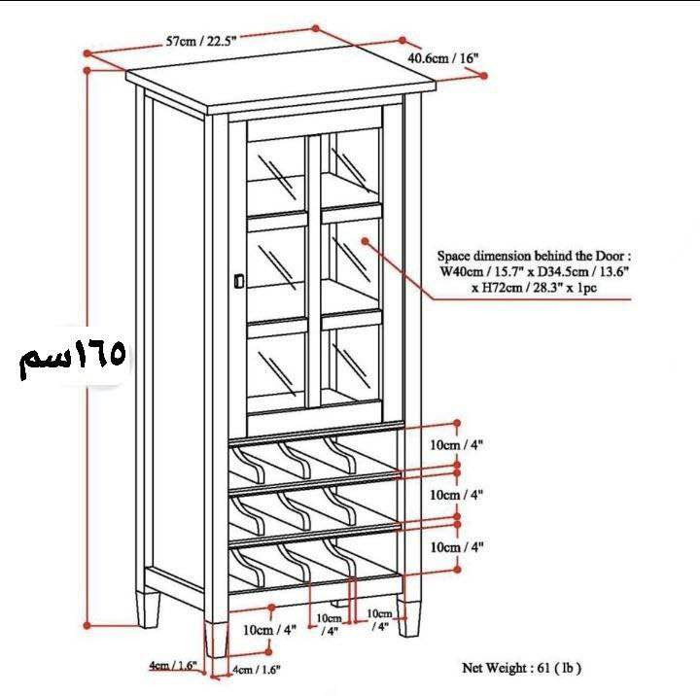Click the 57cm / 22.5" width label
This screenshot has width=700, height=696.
click(x=201, y=41)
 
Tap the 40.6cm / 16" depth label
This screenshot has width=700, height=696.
click(x=443, y=58)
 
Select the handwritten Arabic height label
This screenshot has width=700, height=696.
click(x=72, y=357)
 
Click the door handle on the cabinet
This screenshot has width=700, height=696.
click(x=239, y=281)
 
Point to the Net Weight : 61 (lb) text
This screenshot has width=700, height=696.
click(x=521, y=669)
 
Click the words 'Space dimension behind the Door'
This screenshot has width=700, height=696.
click(x=530, y=257)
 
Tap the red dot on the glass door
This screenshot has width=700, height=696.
click(x=366, y=241)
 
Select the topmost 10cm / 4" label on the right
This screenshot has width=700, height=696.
click(x=456, y=445)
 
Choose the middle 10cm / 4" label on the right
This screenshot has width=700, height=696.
click(x=456, y=495)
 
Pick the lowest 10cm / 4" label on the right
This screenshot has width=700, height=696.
click(x=456, y=547)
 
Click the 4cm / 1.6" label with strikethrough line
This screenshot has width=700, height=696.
click(x=173, y=666)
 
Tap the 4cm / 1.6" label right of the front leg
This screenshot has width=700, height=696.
click(x=257, y=670)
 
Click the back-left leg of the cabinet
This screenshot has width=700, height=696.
click(x=148, y=609)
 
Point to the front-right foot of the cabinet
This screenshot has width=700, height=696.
click(x=409, y=618)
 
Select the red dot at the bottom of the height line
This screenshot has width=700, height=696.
click(x=87, y=626)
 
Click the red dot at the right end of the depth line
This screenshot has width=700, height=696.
click(x=484, y=76)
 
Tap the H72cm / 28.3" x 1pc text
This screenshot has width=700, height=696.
click(x=534, y=288)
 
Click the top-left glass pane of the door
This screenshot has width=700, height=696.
click(x=276, y=176)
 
